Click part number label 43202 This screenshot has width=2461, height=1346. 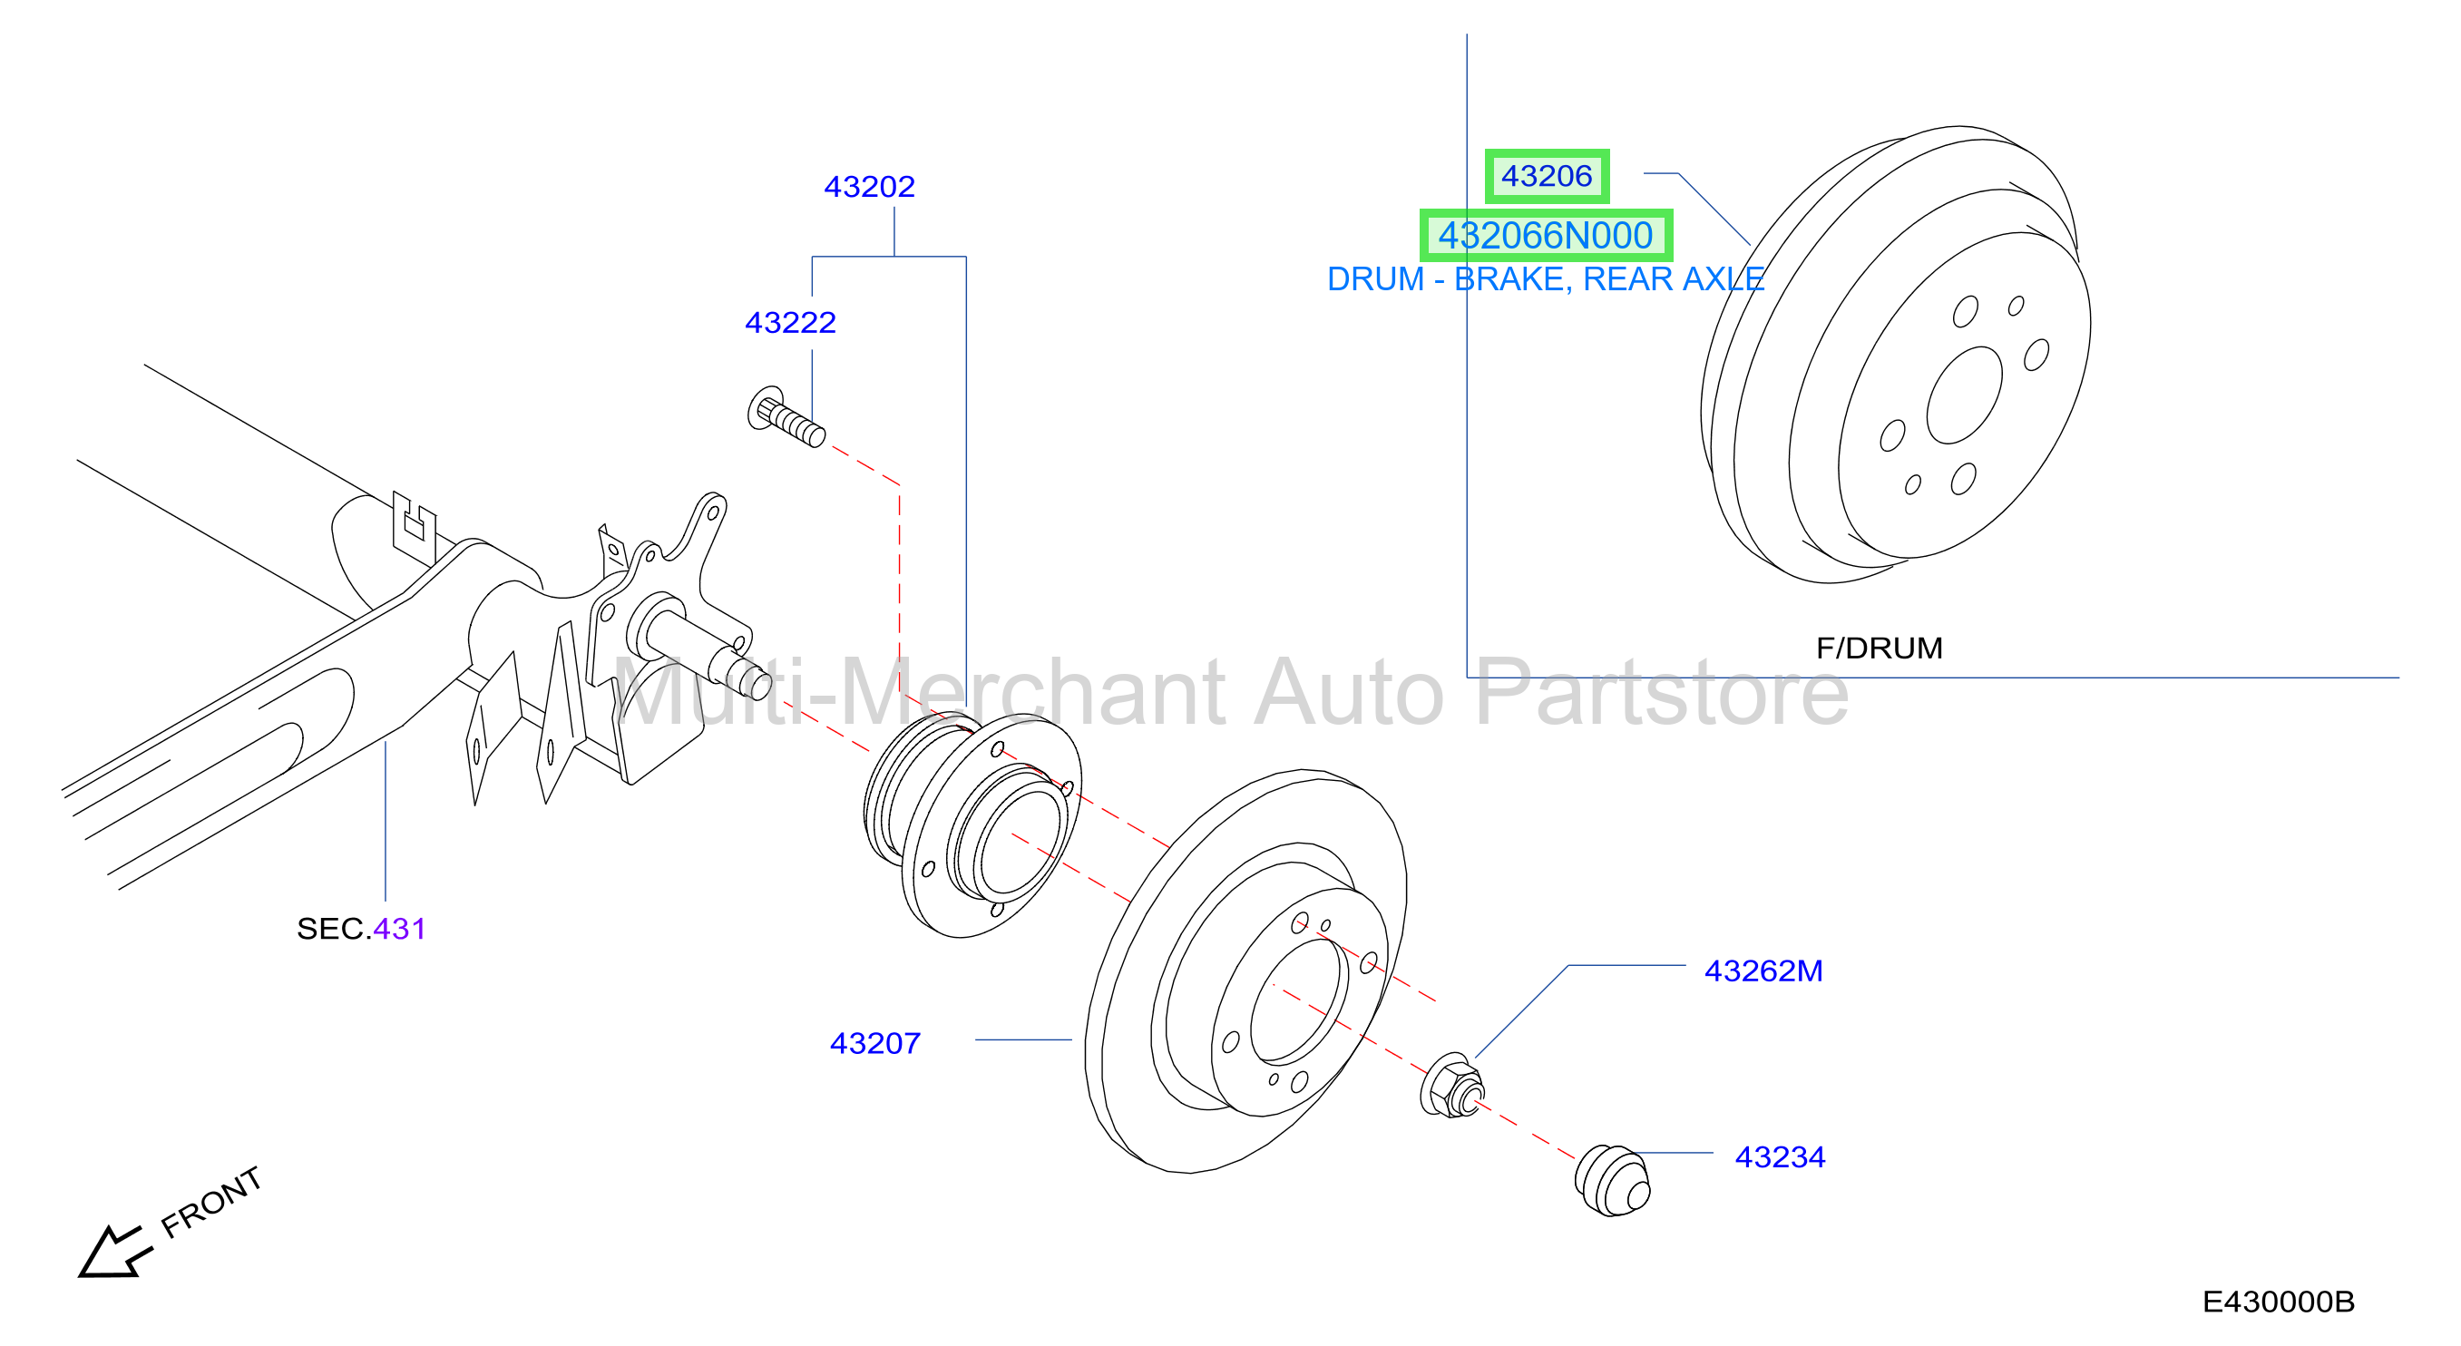pyautogui.click(x=868, y=186)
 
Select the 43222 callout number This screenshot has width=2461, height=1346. pyautogui.click(x=790, y=323)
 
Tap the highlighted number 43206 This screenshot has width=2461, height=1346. pyautogui.click(x=1546, y=176)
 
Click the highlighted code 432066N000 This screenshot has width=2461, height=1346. pyautogui.click(x=1545, y=235)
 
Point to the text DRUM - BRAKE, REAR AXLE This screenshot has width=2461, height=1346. pyautogui.click(x=1545, y=279)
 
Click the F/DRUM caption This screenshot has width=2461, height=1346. pyautogui.click(x=1879, y=648)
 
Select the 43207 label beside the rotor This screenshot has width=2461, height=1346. pyautogui.click(x=874, y=1043)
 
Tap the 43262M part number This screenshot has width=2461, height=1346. pyautogui.click(x=1763, y=970)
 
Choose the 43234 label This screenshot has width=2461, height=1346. pyautogui.click(x=1779, y=1156)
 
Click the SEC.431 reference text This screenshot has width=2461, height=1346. pyautogui.click(x=360, y=929)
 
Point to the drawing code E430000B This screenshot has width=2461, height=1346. pyautogui.click(x=2278, y=1301)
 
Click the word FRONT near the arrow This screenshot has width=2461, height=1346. pyautogui.click(x=210, y=1202)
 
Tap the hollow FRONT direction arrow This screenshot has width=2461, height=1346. pyautogui.click(x=112, y=1252)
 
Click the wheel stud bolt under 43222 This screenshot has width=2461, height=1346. pyautogui.click(x=786, y=416)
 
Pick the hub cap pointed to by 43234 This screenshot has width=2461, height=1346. pyautogui.click(x=1611, y=1181)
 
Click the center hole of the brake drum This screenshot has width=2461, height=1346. pyautogui.click(x=1963, y=395)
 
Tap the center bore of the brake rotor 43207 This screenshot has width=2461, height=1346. pyautogui.click(x=1298, y=1001)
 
